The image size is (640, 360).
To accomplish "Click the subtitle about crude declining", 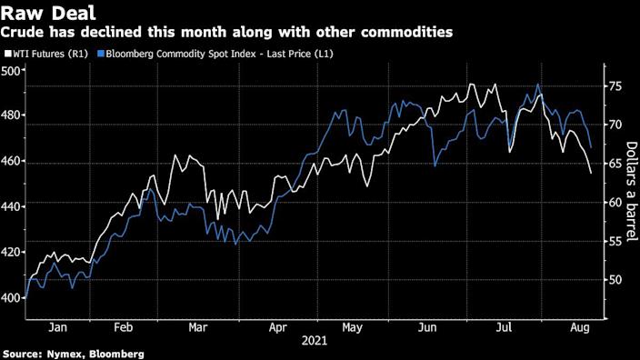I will pyautogui.click(x=227, y=32).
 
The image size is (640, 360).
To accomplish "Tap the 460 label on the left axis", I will pyautogui.click(x=12, y=161).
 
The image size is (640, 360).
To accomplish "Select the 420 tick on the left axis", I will pyautogui.click(x=12, y=252).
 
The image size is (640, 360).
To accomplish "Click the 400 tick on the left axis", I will pyautogui.click(x=12, y=297).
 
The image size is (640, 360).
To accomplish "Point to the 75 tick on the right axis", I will pyautogui.click(x=615, y=86).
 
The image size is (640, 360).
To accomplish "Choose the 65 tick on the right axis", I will pyautogui.click(x=615, y=164).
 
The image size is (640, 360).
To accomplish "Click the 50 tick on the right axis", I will pyautogui.click(x=615, y=280).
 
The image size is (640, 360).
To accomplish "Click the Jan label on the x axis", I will pyautogui.click(x=58, y=325).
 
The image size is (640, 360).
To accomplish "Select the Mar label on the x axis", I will pyautogui.click(x=198, y=325).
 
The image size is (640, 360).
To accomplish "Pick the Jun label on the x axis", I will pyautogui.click(x=424, y=325).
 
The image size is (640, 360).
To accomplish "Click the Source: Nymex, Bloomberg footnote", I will pyautogui.click(x=73, y=353).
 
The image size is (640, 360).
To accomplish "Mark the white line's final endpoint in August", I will pyautogui.click(x=591, y=173).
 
